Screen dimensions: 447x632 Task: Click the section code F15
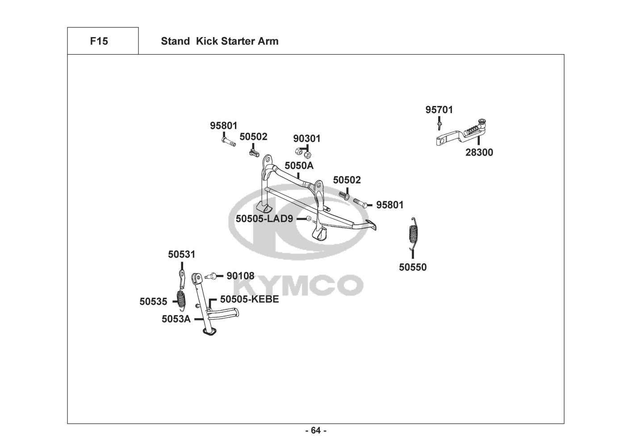99,42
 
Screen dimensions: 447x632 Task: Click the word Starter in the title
239,42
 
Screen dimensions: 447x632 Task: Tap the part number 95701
439,110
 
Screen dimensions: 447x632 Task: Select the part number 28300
479,152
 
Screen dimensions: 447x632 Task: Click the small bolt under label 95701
440,122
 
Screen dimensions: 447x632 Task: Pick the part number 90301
307,139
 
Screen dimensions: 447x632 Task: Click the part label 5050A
299,165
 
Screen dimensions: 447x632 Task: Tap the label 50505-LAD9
264,219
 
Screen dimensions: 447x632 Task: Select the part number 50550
413,267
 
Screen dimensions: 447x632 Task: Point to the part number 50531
182,254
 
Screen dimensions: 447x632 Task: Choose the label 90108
240,276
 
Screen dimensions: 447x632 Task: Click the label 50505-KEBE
249,299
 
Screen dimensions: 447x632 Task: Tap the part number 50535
153,301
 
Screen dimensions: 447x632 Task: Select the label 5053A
176,319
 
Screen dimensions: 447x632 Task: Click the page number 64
316,430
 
